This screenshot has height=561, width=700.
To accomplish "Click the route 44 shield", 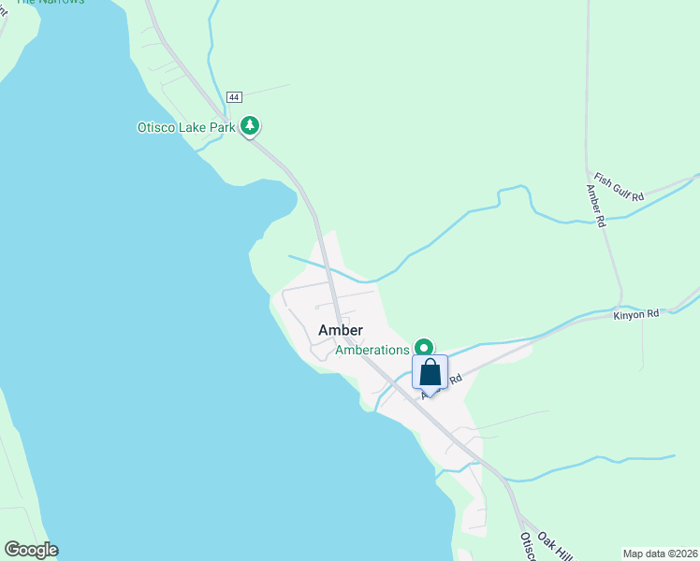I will [234, 97].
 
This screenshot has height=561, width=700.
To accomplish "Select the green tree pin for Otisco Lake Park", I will [250, 125].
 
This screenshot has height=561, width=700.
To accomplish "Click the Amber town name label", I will [341, 330].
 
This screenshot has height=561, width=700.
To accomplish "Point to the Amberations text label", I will [372, 350].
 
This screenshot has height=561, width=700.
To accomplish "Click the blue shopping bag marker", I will [430, 372].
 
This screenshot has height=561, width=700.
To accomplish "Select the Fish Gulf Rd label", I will [620, 187].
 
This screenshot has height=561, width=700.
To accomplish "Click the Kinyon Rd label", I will [636, 314].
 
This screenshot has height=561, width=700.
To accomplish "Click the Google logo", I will [31, 550].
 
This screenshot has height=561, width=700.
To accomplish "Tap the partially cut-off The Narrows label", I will [50, 2].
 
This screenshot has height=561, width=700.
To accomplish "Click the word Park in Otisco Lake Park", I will [222, 126].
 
